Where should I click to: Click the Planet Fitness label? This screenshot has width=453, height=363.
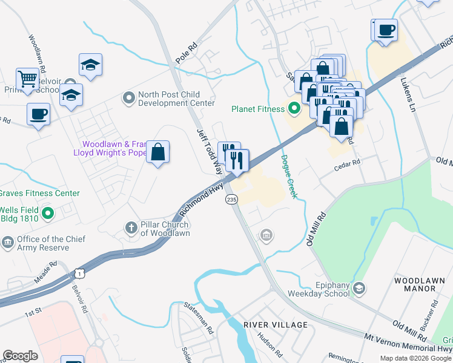257,109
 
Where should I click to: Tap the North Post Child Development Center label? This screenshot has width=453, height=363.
176,98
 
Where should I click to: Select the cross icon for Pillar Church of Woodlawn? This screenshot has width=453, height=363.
130,228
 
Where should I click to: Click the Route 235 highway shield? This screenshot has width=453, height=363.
231,200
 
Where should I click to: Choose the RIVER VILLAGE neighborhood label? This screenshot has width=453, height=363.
276,325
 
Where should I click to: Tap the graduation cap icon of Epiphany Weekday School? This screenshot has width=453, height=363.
360,288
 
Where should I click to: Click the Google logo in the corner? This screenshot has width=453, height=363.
20,356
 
